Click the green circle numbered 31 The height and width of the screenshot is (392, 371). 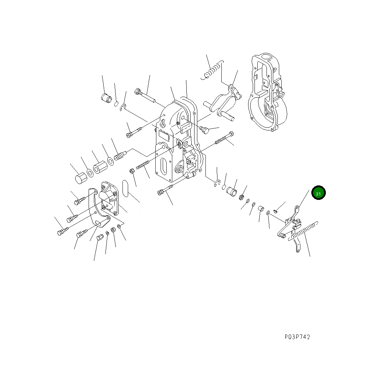pyautogui.click(x=318, y=193)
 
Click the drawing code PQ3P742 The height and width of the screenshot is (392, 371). pyautogui.click(x=297, y=337)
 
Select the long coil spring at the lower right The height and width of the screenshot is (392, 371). pyautogui.click(x=303, y=231)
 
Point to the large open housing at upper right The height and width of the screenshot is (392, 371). pyautogui.click(x=267, y=92)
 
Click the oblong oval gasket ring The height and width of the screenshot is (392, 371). pyautogui.click(x=125, y=188)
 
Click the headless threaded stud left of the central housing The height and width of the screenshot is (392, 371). pyautogui.click(x=143, y=165)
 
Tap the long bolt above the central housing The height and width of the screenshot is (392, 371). pyautogui.click(x=145, y=95)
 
